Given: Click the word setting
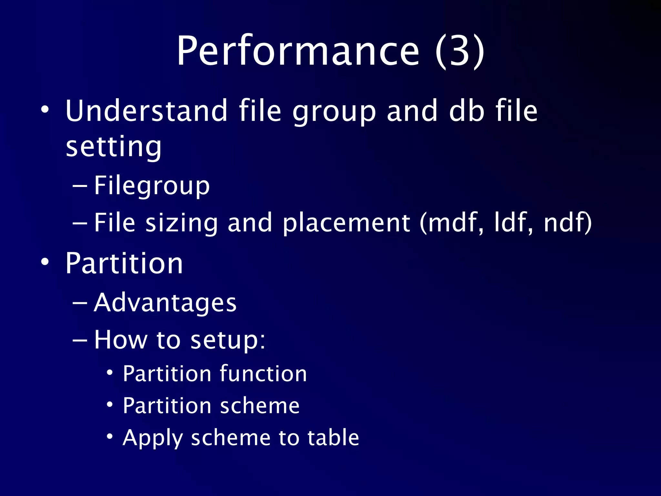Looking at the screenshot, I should click(113, 147).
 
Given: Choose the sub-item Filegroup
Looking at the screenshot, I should click(152, 186).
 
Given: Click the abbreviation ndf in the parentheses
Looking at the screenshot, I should click(565, 223).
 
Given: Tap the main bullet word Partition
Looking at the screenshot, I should click(124, 263).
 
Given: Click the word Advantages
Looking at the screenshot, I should click(165, 304).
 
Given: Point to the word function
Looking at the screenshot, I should click(263, 374).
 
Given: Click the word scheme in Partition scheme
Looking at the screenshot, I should click(260, 406).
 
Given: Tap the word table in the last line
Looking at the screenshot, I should click(333, 438).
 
